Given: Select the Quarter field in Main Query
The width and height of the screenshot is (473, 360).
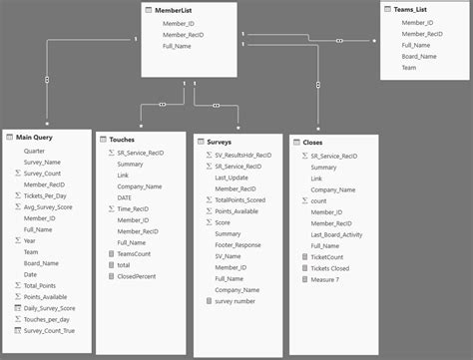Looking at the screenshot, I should coord(34,151).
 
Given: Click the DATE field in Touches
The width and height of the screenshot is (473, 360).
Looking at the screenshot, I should coord(126,198).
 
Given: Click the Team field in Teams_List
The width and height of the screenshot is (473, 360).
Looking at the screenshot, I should coord(410,68).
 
